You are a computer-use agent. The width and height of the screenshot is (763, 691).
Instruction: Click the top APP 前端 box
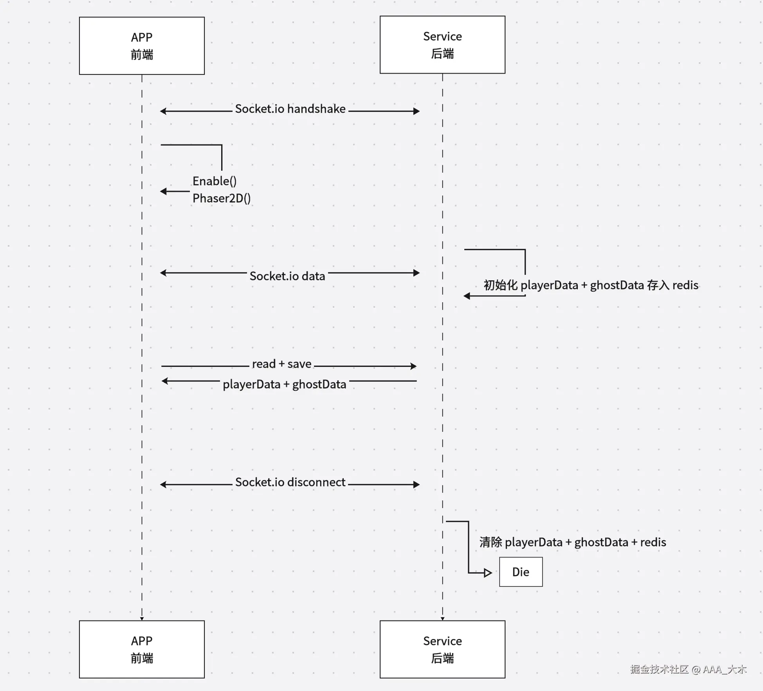142,46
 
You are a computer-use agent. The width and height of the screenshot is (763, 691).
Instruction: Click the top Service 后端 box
442,45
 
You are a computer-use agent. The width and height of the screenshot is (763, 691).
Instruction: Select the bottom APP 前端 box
142,649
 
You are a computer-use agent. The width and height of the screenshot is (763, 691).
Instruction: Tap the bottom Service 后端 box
442,649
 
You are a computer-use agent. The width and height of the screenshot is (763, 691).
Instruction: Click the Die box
521,572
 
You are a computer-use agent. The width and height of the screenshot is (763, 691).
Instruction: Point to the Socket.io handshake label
290,109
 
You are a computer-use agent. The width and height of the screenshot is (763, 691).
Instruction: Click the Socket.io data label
287,276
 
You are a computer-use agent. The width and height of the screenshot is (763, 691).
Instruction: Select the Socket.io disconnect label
290,482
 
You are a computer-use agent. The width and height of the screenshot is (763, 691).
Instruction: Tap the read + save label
281,364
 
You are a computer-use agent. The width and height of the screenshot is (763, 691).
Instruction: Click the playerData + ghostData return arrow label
284,384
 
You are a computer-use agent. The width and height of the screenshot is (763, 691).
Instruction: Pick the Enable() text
215,181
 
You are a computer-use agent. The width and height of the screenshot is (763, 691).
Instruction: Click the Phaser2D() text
221,198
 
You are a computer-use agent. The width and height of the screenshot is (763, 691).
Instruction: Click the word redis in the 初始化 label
685,285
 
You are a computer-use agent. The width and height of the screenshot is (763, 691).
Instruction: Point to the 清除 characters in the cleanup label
491,542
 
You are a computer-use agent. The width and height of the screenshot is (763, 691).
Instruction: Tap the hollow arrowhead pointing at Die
488,573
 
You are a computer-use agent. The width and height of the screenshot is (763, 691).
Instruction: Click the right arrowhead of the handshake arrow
417,111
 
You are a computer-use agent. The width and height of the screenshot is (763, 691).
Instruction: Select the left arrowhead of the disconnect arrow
163,485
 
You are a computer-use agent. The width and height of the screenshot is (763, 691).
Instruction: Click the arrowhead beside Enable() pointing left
163,191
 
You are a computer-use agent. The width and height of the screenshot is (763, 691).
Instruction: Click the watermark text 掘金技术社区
659,669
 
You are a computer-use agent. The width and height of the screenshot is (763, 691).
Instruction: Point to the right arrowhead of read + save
413,366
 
